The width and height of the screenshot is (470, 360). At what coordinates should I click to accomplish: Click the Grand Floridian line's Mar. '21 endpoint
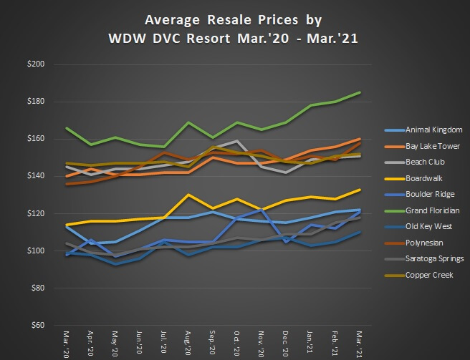(x=360, y=92)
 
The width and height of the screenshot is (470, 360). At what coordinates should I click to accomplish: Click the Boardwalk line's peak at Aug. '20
(x=188, y=195)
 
